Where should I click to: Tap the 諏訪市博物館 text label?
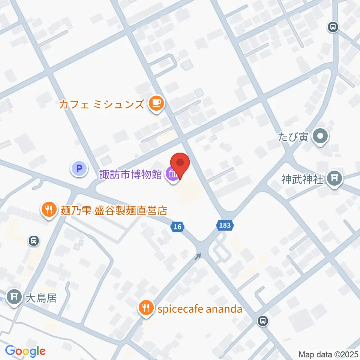point(130,174)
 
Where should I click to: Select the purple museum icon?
point(173,175)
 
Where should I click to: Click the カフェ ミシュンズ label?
point(102,104)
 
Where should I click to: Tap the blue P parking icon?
point(79,169)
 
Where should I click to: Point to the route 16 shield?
point(177,226)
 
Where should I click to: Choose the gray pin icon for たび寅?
point(321,136)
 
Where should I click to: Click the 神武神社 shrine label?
point(302,180)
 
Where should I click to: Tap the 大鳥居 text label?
point(41,298)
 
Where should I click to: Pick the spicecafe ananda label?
point(200,309)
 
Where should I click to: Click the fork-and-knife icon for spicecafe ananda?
point(145,308)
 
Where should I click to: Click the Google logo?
point(25,351)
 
